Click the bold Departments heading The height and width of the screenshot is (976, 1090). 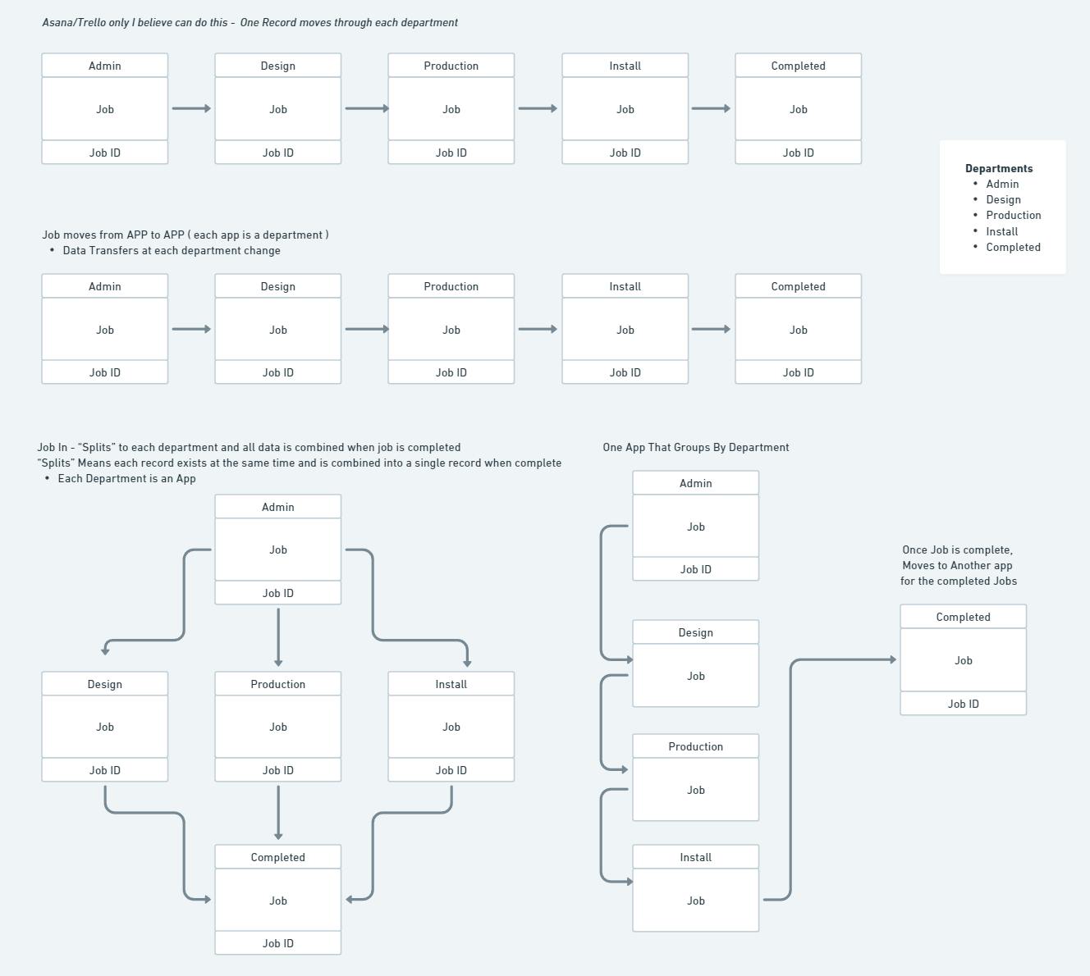pos(999,168)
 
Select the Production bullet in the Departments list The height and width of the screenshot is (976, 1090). pos(1013,215)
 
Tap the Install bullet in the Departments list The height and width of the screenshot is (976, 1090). pos(1002,231)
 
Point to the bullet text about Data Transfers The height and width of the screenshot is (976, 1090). pos(171,251)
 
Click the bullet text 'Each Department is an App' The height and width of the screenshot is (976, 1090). pos(126,479)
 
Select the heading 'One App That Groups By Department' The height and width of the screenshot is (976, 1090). pos(696,447)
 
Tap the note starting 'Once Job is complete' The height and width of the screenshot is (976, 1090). pos(958,565)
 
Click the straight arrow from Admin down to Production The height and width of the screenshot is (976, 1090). pos(278,637)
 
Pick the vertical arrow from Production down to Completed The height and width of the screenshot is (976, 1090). pos(278,813)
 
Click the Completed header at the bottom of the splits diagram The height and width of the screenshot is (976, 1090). pos(277,857)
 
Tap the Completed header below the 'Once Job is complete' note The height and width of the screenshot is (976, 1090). pos(963,617)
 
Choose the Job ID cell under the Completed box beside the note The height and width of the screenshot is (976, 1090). pos(963,704)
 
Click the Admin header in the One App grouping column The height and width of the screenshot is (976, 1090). pos(696,483)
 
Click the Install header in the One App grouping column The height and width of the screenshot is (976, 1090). pos(696,857)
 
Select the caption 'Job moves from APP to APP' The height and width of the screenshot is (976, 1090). pos(113,235)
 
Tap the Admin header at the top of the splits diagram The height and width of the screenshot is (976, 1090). pos(277,507)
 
